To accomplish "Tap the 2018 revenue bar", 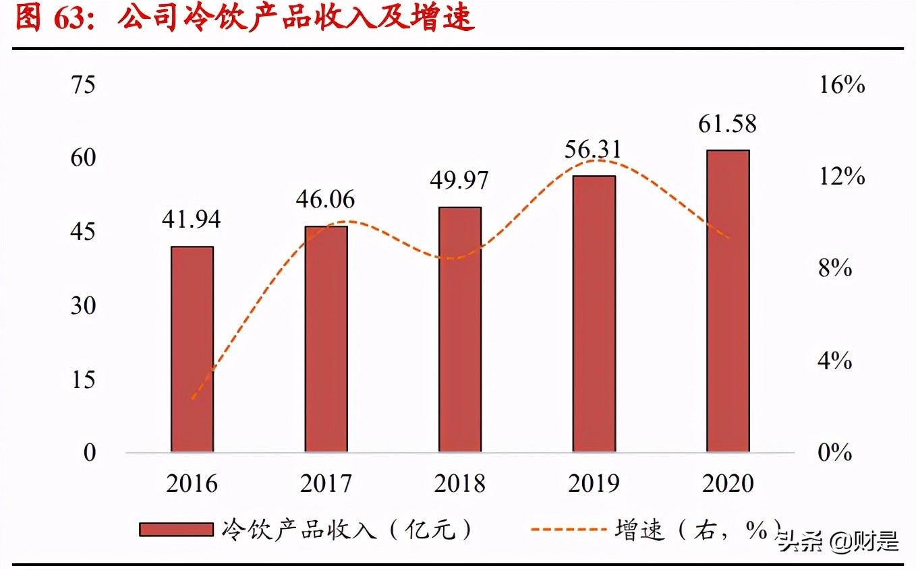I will pyautogui.click(x=460, y=329).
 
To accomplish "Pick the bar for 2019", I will pyautogui.click(x=594, y=313).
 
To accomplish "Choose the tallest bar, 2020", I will pyautogui.click(x=728, y=300).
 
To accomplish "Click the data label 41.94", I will pyautogui.click(x=192, y=220).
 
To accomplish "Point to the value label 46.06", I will pyautogui.click(x=325, y=199).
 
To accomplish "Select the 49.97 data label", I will pyautogui.click(x=459, y=181).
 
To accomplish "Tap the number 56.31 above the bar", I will pyautogui.click(x=593, y=150).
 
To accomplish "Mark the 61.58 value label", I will pyautogui.click(x=727, y=124).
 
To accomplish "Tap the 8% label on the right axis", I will pyautogui.click(x=835, y=269).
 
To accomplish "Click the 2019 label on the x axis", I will pyautogui.click(x=594, y=484).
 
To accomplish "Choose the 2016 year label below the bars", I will pyautogui.click(x=192, y=484).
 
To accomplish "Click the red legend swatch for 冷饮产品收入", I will pyautogui.click(x=176, y=530).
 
